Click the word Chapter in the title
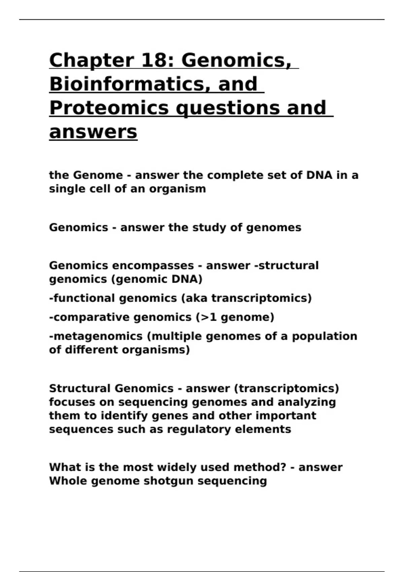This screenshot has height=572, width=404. tap(92, 61)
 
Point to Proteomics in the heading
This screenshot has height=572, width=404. tap(109, 108)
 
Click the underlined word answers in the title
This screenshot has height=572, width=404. tap(93, 132)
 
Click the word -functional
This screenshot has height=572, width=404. tap(82, 298)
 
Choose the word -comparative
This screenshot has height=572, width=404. tap(89, 317)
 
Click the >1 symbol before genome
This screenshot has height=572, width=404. tap(209, 317)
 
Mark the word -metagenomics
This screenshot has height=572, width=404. tap(96, 336)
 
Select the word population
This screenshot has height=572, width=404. tap(325, 336)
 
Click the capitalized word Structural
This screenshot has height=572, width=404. tap(80, 389)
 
